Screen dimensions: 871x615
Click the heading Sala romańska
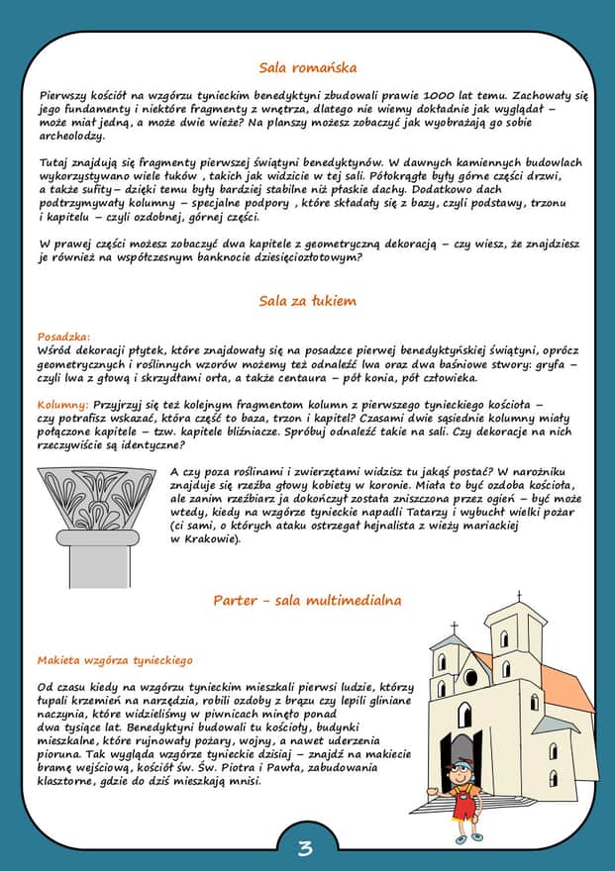click(307, 68)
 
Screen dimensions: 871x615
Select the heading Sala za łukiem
click(307, 301)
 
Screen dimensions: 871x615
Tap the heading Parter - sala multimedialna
click(307, 601)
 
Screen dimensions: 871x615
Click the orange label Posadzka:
click(63, 337)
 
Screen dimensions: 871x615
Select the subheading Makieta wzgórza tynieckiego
click(115, 659)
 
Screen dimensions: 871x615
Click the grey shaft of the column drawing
click(99, 566)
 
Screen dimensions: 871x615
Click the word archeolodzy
click(71, 136)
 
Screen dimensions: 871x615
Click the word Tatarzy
click(401, 513)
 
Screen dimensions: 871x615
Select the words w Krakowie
click(206, 539)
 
